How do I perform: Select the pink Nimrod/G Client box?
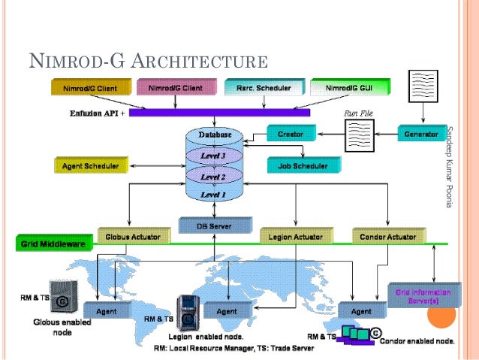[175, 89]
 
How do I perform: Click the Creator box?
[290, 134]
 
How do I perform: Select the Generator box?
[421, 134]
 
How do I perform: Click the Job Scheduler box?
[297, 165]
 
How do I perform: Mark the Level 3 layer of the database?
[215, 155]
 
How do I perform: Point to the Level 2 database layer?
[215, 175]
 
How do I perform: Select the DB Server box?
[215, 225]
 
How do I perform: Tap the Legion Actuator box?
[296, 237]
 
